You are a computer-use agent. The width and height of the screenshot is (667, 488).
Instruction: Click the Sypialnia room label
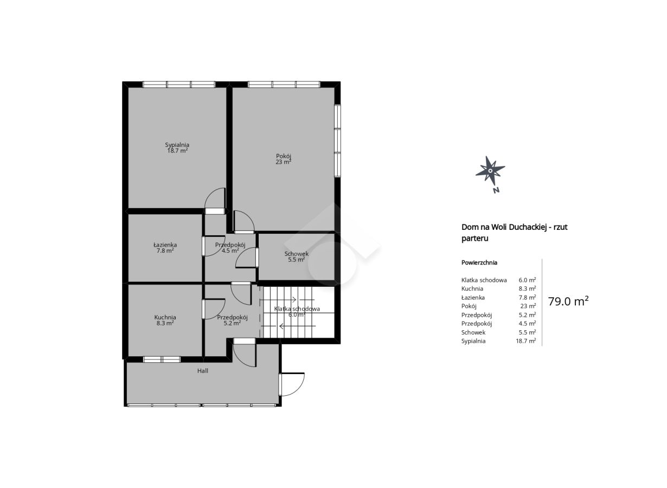[177, 145]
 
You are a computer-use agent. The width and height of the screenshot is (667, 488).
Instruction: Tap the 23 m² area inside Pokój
[283, 162]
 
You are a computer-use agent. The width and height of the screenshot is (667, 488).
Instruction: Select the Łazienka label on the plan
[165, 245]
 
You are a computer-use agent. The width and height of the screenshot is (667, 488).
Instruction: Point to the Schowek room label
[296, 254]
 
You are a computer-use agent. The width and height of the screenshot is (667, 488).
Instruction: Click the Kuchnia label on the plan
[165, 317]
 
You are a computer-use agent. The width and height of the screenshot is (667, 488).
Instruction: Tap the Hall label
[202, 371]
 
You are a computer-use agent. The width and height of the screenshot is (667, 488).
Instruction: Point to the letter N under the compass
[496, 190]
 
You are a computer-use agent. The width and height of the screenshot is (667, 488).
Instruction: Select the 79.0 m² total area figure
[568, 301]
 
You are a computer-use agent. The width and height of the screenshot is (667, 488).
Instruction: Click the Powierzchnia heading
[479, 262]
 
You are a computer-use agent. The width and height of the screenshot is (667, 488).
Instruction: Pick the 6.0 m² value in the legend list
[527, 280]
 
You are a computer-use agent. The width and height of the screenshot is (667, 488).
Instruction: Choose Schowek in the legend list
[473, 332]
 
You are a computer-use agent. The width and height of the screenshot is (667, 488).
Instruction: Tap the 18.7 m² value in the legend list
[525, 341]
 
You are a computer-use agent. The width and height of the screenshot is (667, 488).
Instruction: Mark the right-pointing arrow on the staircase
[290, 299]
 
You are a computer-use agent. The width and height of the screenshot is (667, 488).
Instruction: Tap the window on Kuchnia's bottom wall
[162, 359]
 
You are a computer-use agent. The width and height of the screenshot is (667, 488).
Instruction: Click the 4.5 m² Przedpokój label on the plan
[230, 248]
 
